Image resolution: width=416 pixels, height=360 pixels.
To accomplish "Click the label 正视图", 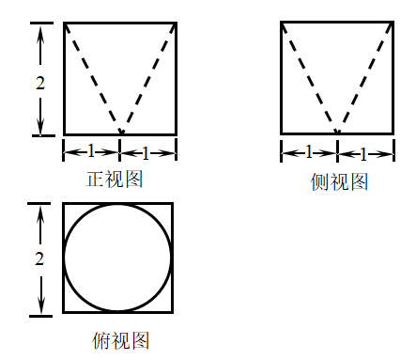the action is (x=115, y=179).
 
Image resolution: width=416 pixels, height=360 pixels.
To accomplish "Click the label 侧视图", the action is (x=339, y=181).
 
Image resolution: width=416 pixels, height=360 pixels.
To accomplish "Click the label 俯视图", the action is (x=120, y=340).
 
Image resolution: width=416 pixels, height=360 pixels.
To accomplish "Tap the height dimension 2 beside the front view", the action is (x=40, y=83).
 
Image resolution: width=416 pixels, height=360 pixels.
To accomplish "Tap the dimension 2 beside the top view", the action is (x=39, y=258).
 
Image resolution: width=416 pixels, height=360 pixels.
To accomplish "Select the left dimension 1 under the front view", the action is (x=91, y=151).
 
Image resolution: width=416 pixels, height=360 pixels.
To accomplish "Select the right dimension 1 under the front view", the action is (x=146, y=153).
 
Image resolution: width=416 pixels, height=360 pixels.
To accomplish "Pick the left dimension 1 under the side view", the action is (x=309, y=151).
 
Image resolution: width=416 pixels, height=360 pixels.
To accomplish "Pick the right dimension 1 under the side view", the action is (x=363, y=154).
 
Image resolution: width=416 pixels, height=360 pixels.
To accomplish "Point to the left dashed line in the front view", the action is (x=93, y=79).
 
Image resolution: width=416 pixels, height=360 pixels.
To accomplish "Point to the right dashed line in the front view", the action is (x=148, y=79).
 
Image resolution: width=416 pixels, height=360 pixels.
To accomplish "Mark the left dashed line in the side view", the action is (x=309, y=78).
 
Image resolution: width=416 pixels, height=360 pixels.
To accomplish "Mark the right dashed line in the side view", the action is (x=365, y=78).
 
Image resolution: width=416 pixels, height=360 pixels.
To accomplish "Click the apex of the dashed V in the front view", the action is (x=121, y=133).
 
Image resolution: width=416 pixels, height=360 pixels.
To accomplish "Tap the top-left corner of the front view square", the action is (x=64, y=23).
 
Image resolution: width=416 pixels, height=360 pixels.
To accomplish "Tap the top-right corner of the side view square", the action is (x=393, y=22).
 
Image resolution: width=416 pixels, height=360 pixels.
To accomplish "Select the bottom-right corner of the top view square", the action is (x=173, y=312).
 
